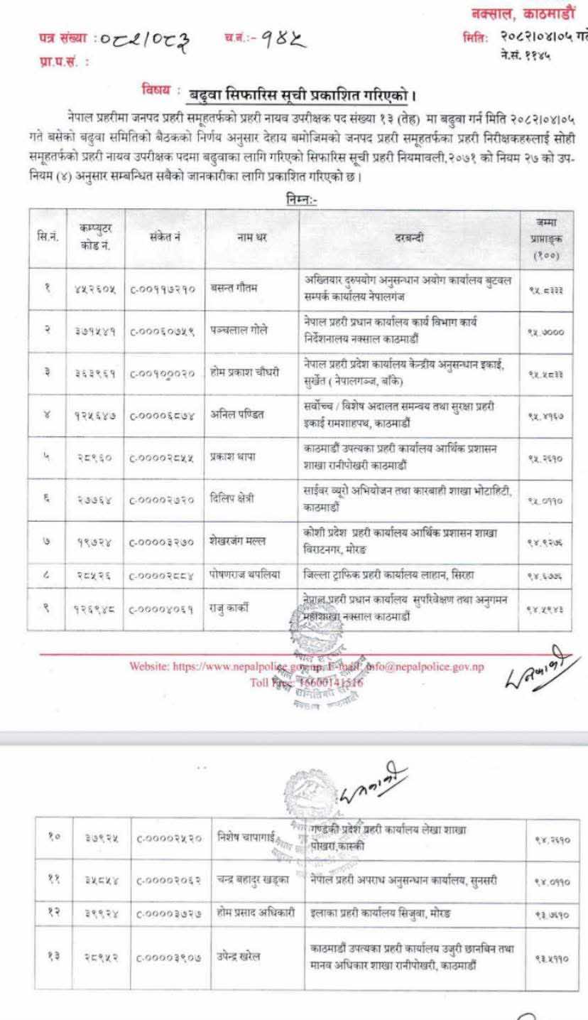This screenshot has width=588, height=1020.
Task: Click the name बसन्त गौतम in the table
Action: point(232,287)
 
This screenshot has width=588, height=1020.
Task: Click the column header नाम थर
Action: point(251,237)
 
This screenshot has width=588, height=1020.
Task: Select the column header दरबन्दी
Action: point(409,237)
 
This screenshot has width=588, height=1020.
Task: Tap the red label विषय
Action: point(156,90)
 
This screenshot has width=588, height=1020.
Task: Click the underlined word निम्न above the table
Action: point(299,200)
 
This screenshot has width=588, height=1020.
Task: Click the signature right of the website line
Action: point(539,669)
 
